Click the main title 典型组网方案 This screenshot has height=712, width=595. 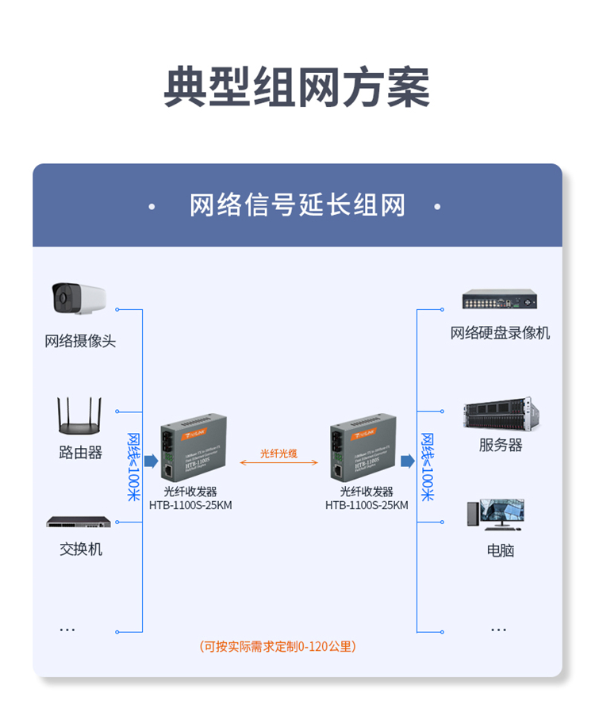(297, 87)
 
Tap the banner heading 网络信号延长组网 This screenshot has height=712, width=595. (297, 205)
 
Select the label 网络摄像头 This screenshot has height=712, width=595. (80, 342)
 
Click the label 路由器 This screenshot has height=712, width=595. (80, 453)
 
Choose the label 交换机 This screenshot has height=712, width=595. (80, 549)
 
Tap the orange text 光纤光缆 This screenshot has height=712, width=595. (278, 454)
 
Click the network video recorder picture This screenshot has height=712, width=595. (500, 300)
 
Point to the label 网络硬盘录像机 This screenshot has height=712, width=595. (500, 333)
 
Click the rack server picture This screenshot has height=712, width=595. (501, 413)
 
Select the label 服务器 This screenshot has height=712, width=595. (501, 445)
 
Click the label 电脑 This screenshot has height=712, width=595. (501, 549)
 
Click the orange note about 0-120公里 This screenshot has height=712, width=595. (278, 646)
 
